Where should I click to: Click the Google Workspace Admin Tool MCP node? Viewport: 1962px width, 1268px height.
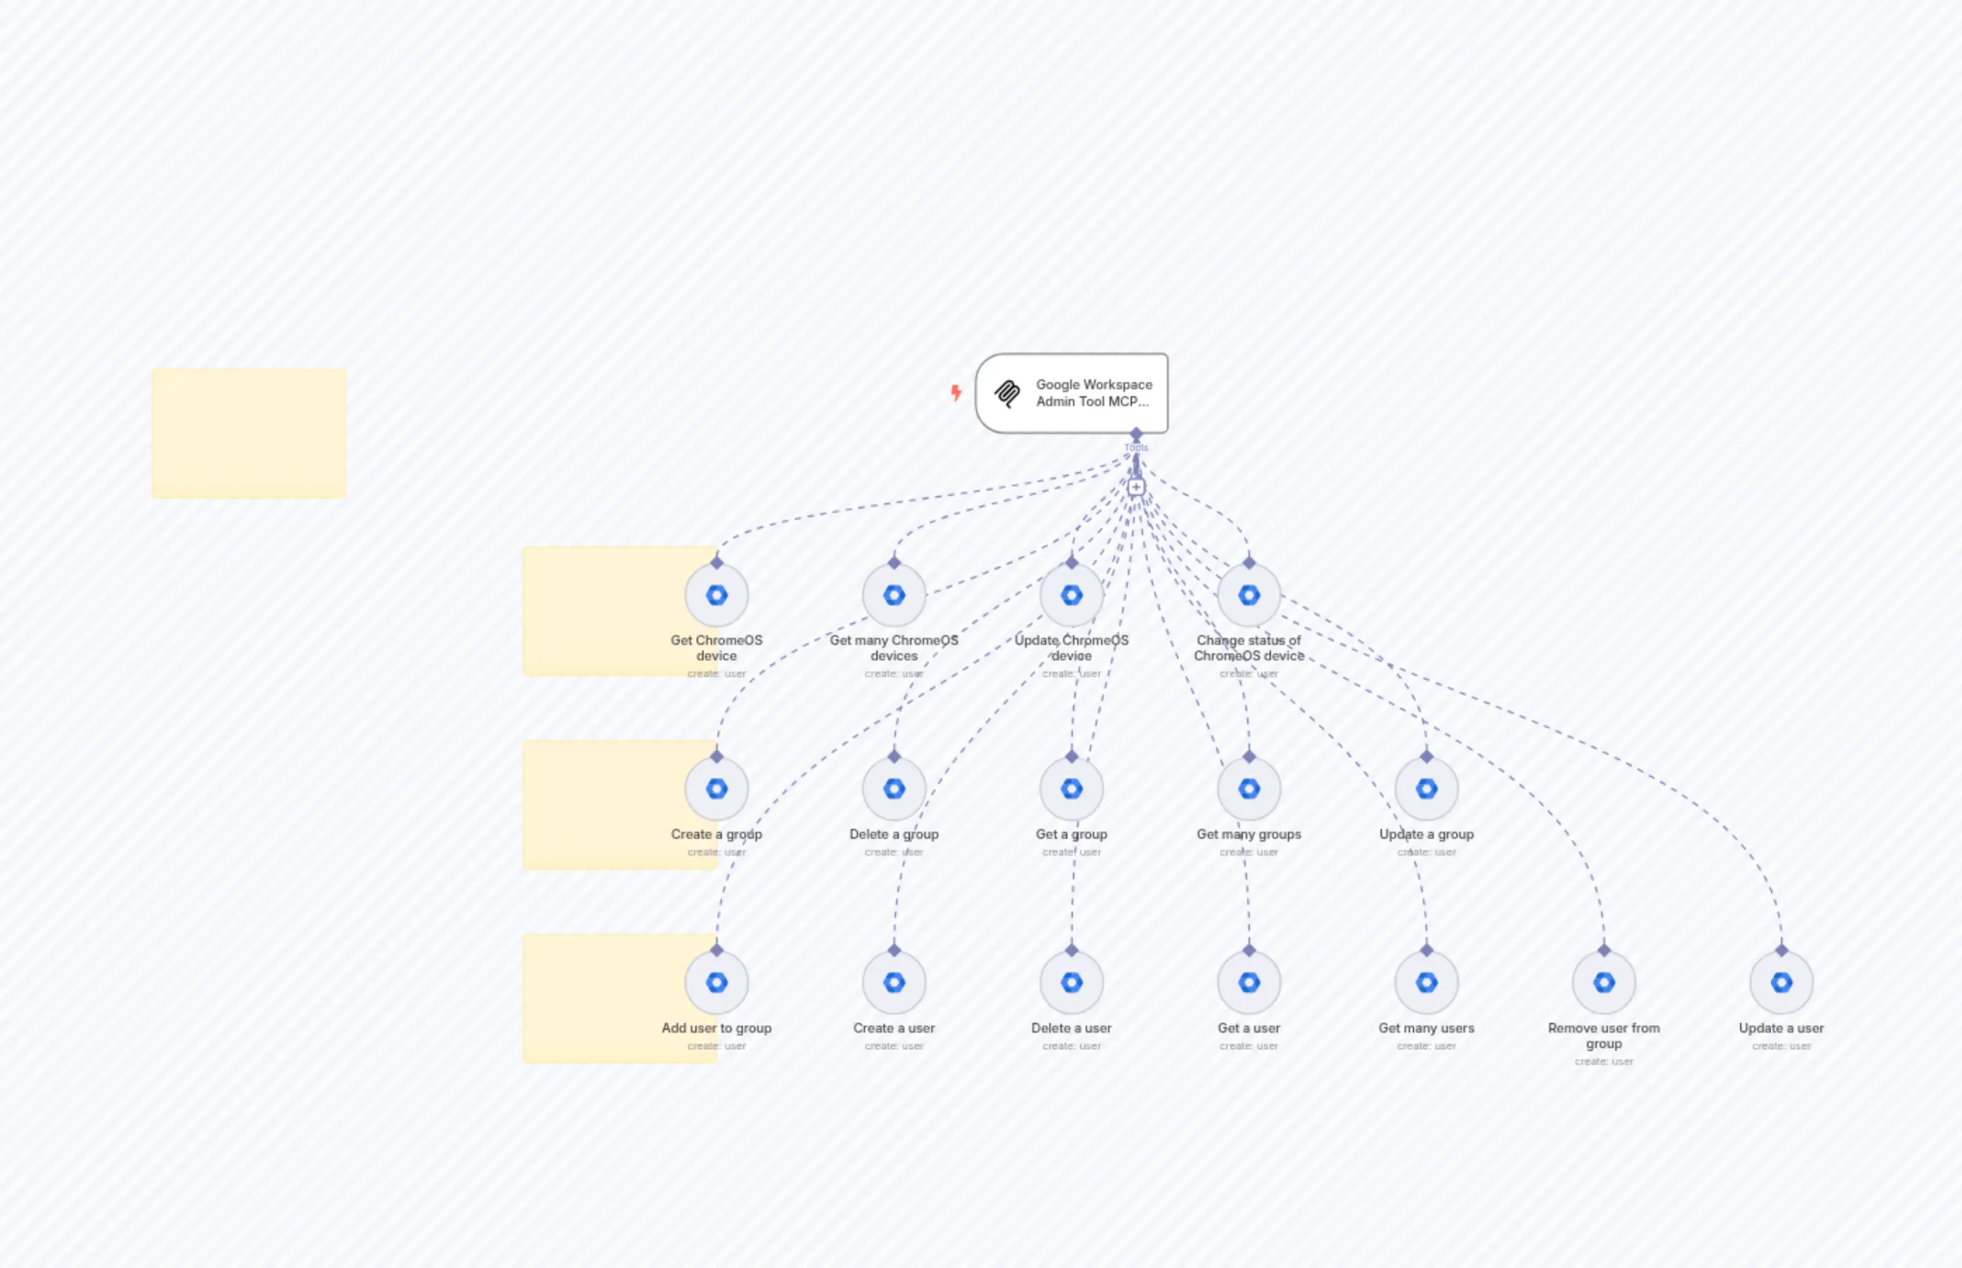[x=1071, y=393]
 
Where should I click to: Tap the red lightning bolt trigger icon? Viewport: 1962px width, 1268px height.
[x=956, y=393]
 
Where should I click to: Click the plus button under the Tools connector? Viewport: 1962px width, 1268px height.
[x=1135, y=488]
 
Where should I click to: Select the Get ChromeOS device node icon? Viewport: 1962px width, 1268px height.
[x=716, y=595]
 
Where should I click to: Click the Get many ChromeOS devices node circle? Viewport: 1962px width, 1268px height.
[x=894, y=595]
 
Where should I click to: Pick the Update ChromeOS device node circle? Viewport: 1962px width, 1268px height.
[x=1071, y=595]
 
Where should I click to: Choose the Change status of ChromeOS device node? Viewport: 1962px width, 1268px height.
[x=1249, y=595]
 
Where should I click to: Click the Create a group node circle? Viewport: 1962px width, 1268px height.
[x=716, y=789]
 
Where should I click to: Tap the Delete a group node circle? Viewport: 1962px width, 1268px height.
[x=894, y=789]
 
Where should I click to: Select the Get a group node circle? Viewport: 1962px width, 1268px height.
[x=1071, y=789]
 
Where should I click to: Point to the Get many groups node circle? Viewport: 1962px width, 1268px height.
[x=1249, y=789]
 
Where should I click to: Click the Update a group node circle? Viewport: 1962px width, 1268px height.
[x=1426, y=789]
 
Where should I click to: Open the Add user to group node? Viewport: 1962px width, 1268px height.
[x=716, y=982]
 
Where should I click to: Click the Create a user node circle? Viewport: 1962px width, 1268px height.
[x=894, y=982]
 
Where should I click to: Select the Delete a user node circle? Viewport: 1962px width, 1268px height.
[x=1071, y=982]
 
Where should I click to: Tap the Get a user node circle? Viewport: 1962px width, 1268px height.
[x=1249, y=982]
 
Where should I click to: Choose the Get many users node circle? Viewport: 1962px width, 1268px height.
[x=1426, y=982]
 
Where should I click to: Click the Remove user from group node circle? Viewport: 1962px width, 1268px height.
[x=1603, y=982]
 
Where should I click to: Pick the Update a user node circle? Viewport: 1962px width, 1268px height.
[x=1781, y=982]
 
